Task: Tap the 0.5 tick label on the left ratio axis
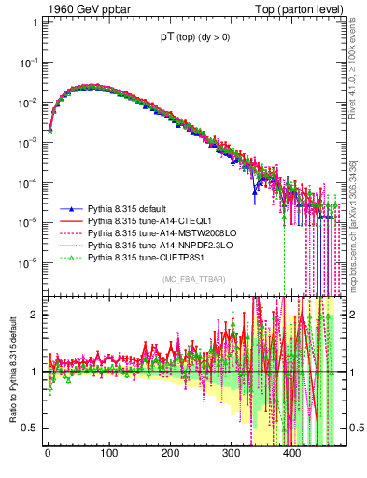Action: click(x=29, y=428)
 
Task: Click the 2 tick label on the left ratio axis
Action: click(x=33, y=314)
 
